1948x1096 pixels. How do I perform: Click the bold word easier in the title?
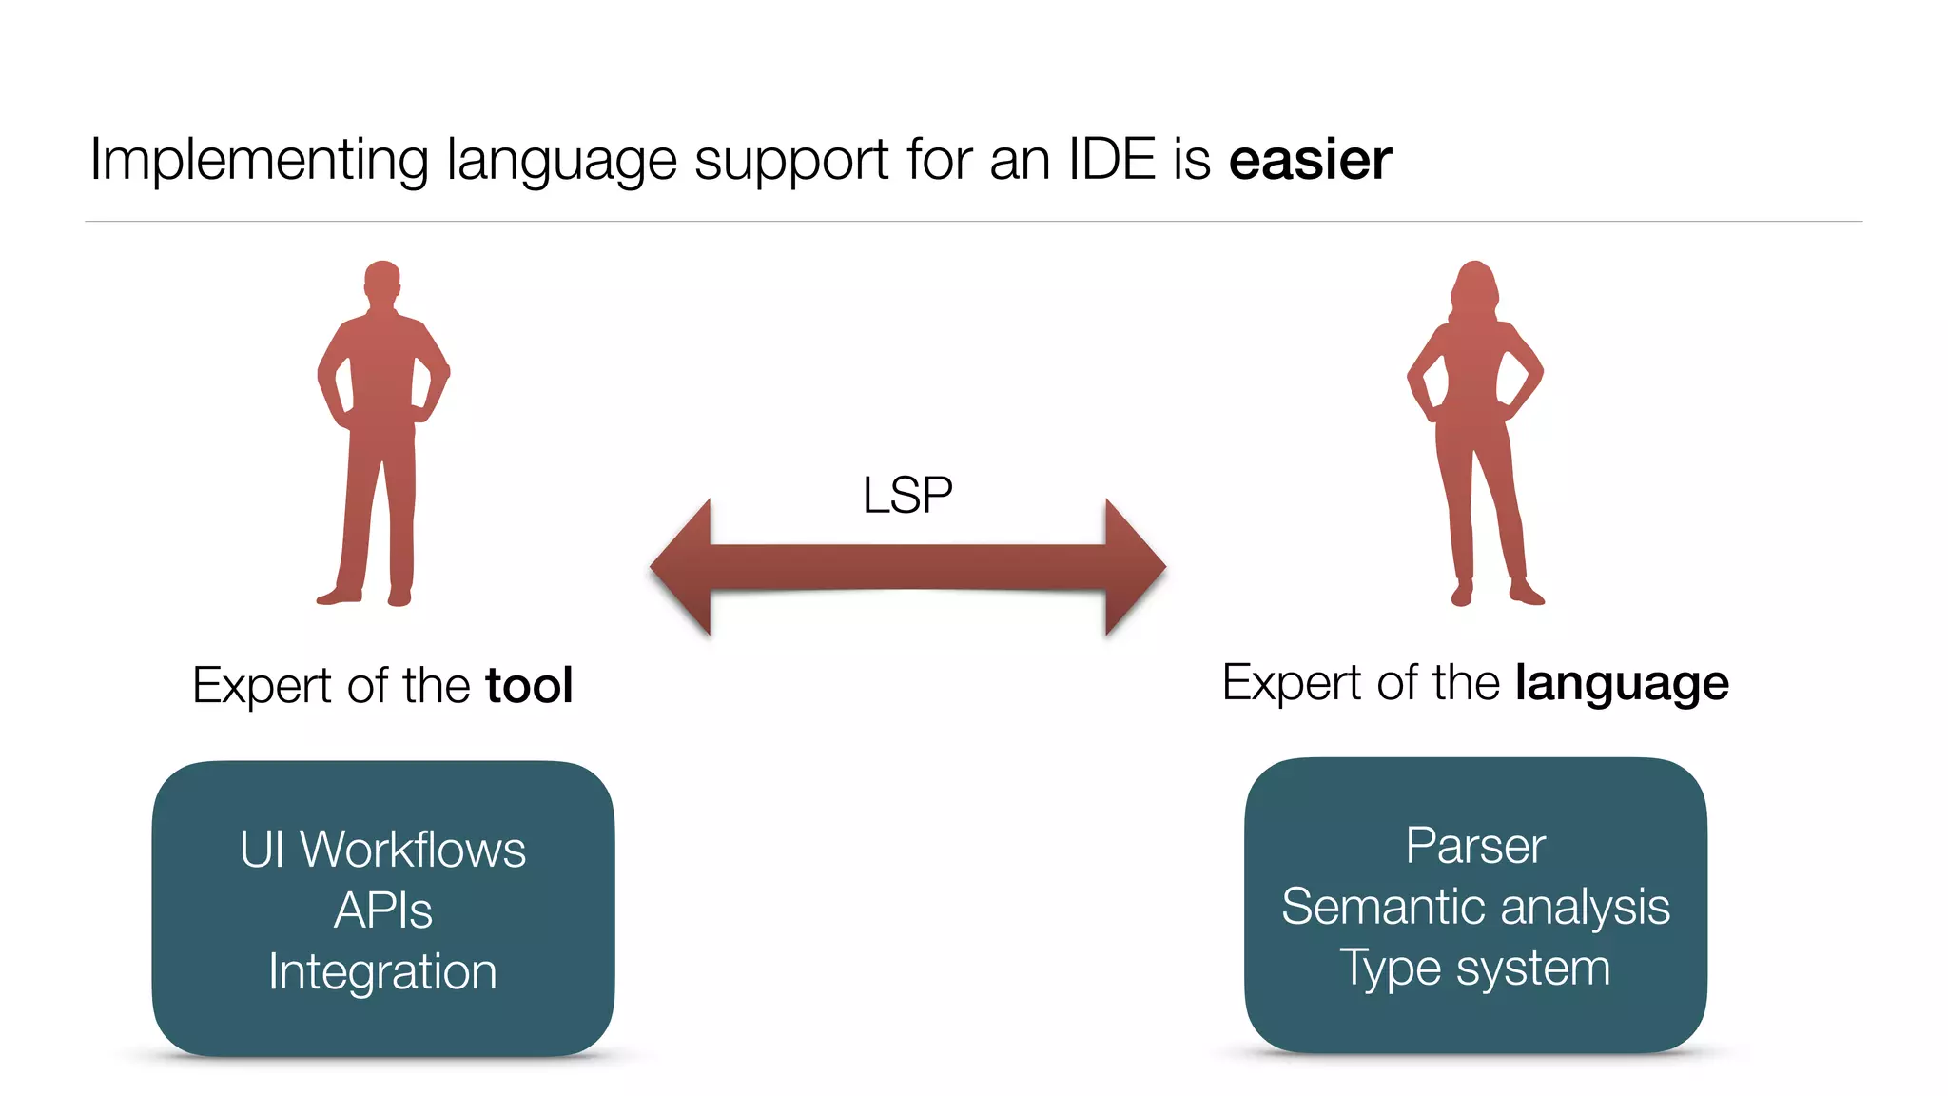1310,160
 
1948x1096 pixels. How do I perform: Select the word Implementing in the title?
259,160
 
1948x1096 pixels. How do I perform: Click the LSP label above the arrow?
907,496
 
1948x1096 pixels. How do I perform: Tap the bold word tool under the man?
529,686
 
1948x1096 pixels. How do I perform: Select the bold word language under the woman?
1622,684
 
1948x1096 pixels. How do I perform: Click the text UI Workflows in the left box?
382,850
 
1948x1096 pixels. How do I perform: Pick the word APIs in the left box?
382,910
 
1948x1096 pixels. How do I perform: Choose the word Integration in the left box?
382,971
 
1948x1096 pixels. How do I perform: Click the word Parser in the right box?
1475,846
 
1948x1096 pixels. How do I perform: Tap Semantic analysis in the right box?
1475,907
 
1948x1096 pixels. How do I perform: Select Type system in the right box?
1475,968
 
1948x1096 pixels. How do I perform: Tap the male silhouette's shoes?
365,597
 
